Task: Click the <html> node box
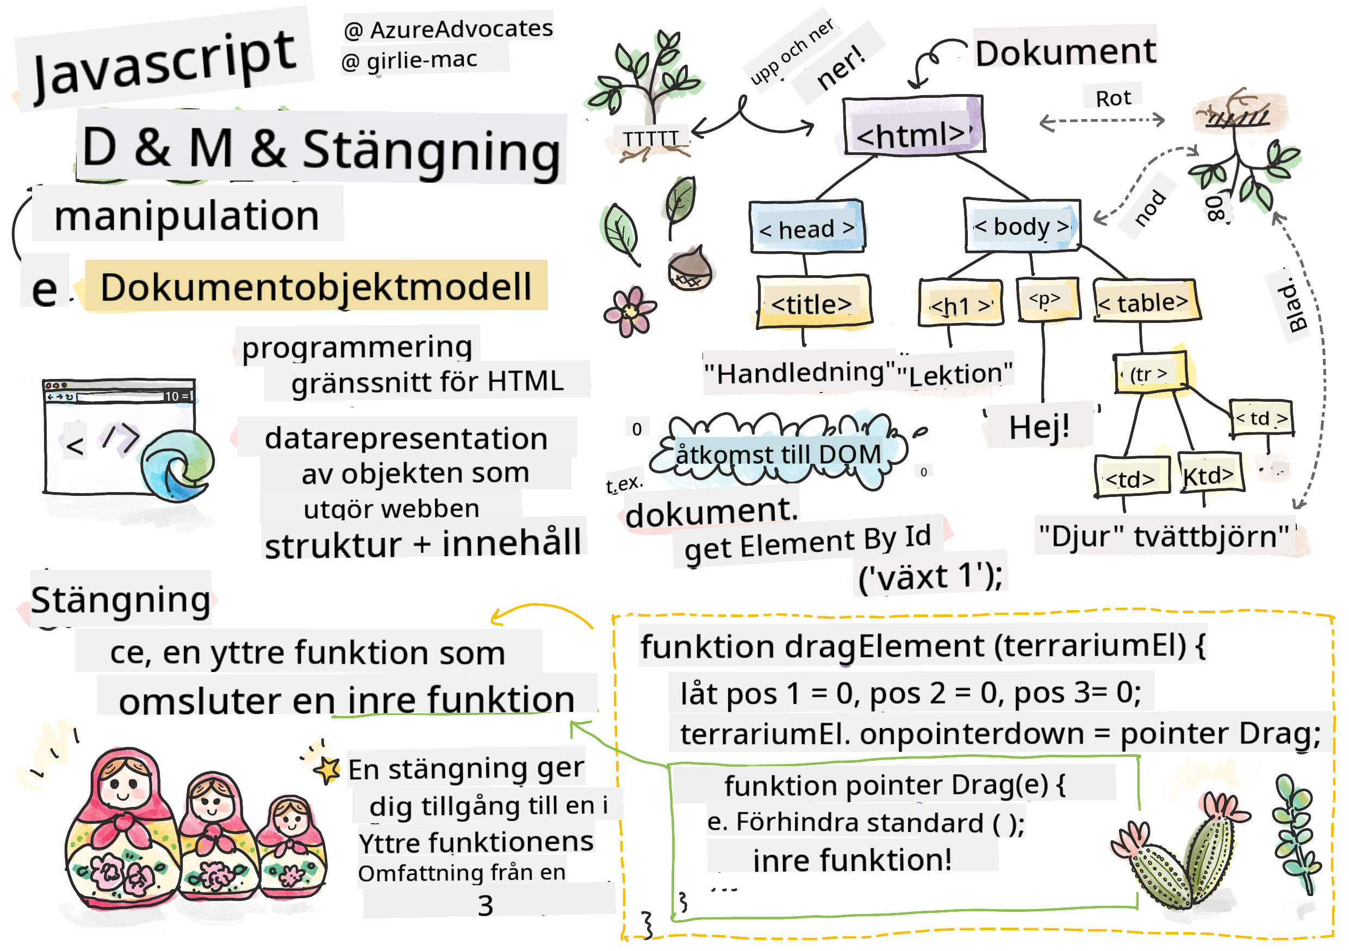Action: tap(912, 126)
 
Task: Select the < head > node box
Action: tap(807, 228)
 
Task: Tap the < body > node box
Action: tap(1022, 226)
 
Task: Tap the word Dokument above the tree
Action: tap(1065, 53)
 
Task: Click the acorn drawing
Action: tap(690, 270)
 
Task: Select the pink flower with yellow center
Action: tap(629, 312)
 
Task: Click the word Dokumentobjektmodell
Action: tap(316, 287)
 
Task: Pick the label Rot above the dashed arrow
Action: tap(1112, 98)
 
